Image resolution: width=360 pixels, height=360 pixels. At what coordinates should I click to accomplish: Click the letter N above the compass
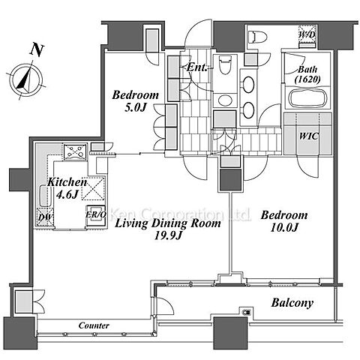[37, 50]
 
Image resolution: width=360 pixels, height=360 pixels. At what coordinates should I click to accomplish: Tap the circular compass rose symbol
[26, 79]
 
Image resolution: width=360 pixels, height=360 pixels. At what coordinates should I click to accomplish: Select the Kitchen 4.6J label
[67, 187]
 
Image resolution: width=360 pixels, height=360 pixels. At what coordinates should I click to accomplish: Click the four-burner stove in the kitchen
[75, 151]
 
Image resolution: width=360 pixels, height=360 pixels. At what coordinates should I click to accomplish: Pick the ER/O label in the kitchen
[96, 214]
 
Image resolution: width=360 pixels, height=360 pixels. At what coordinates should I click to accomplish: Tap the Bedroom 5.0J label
[135, 101]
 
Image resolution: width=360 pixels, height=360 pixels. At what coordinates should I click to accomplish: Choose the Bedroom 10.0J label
[284, 221]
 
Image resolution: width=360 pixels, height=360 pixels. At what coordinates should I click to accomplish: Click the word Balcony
[292, 303]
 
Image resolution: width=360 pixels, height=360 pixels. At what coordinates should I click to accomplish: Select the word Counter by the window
[94, 325]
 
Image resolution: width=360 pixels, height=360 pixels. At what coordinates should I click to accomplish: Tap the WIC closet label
[309, 136]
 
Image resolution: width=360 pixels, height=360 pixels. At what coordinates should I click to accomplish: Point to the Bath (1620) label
[307, 74]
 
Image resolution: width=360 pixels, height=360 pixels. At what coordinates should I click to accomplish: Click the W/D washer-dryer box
[307, 35]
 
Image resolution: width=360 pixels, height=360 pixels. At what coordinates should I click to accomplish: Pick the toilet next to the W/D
[257, 37]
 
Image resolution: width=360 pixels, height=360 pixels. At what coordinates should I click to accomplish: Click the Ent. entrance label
[197, 67]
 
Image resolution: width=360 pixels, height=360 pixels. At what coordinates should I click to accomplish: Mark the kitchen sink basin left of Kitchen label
[46, 196]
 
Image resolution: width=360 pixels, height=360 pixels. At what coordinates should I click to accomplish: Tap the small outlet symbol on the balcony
[247, 312]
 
